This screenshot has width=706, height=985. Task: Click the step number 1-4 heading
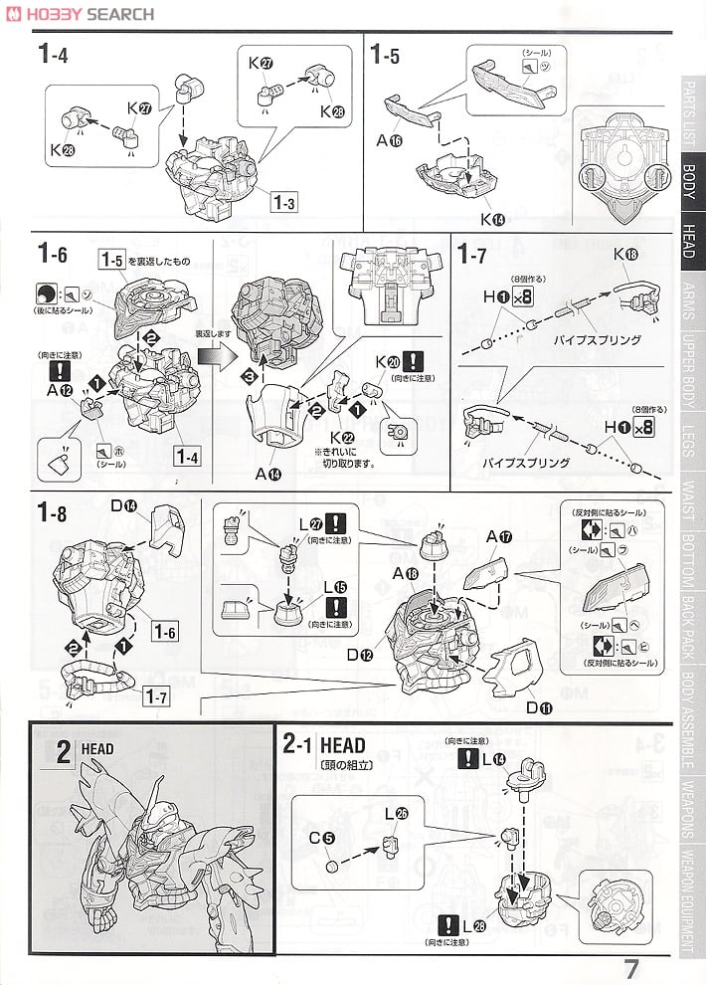pyautogui.click(x=53, y=55)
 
